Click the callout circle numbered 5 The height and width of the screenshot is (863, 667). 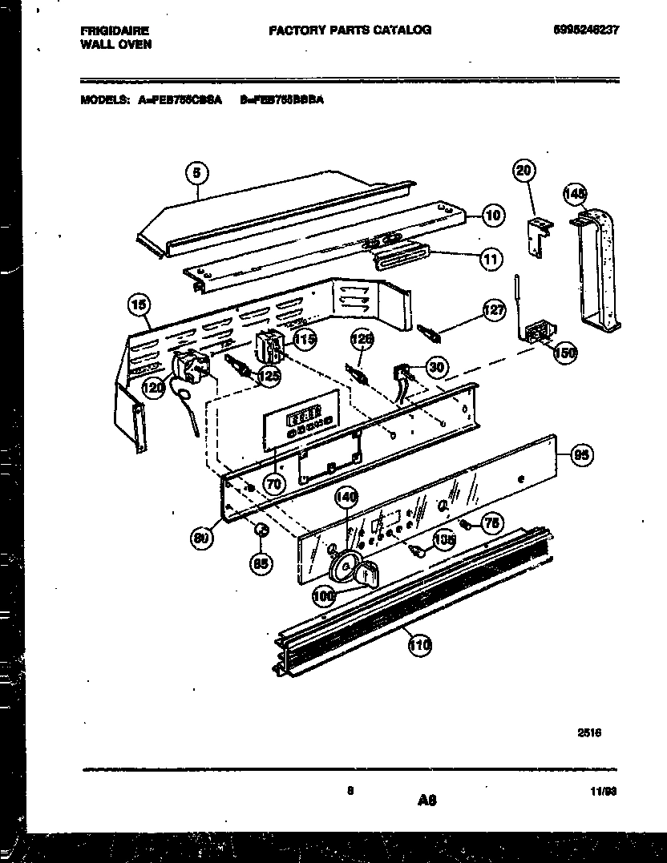click(x=197, y=171)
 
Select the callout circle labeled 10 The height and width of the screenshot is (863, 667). click(x=494, y=215)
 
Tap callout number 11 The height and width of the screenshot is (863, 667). click(x=491, y=258)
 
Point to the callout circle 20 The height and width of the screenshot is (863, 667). click(x=525, y=171)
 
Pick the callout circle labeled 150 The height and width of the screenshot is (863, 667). click(x=567, y=352)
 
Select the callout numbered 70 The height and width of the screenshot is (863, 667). click(x=274, y=483)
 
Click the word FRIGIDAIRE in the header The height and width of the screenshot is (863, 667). click(x=114, y=30)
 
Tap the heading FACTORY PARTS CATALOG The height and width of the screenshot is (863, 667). click(x=350, y=30)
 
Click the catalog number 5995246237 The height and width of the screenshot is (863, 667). click(x=586, y=30)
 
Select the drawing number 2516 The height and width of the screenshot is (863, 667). click(x=590, y=732)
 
